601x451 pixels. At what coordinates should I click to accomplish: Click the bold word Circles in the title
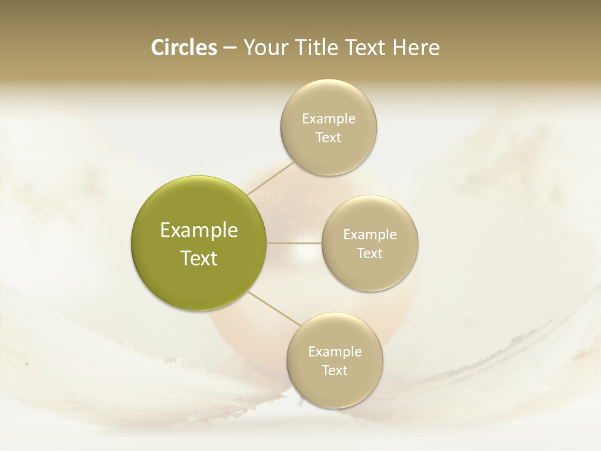183,48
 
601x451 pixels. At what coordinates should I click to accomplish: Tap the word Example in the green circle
199,231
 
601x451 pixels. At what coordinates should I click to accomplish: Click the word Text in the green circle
199,258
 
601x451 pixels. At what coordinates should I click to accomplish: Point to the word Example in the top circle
329,119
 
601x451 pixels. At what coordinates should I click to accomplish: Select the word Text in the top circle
329,138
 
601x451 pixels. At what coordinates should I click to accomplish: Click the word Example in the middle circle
370,235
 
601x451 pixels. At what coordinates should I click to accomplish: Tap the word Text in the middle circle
370,254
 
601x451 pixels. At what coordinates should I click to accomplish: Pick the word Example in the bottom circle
335,352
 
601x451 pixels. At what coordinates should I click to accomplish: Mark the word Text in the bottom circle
335,371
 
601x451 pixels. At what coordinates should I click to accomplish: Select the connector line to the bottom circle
273,309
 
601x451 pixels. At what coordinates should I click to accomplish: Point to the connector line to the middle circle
294,243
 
